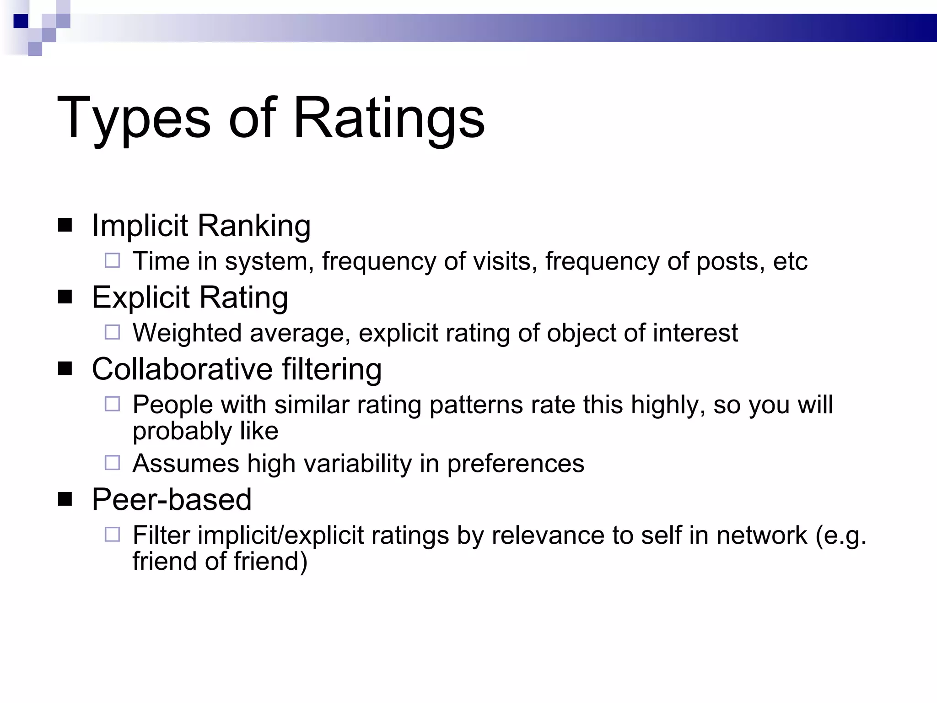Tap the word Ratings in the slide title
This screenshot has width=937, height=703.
389,119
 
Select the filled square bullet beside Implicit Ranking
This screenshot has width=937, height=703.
65,225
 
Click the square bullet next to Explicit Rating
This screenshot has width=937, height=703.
65,297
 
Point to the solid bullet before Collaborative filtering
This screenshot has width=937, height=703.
65,368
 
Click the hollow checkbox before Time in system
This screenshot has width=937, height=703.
112,261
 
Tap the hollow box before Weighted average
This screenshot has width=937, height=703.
112,332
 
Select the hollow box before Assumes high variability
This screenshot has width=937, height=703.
112,463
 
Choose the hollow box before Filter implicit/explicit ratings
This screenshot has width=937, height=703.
112,535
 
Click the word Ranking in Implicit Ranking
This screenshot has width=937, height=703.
254,226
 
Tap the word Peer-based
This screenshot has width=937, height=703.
172,499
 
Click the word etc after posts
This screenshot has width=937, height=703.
790,261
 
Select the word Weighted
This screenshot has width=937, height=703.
187,333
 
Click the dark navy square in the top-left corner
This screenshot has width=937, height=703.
21,21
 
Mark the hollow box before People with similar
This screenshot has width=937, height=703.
112,404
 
